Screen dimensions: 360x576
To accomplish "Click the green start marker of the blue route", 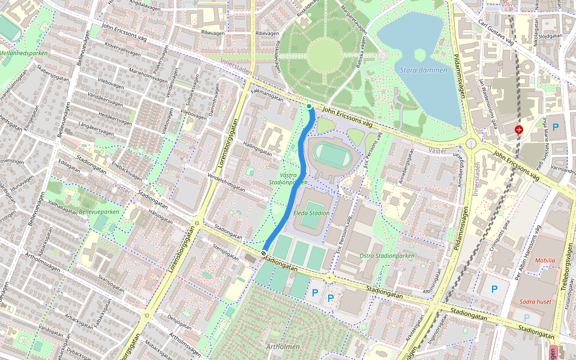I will pos(309,107).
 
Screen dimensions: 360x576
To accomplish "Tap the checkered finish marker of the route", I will pos(264,254).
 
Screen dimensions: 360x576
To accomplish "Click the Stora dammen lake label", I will pos(424,70).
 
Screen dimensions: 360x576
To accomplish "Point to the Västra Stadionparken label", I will pos(288,178).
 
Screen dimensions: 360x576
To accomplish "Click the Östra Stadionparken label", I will pos(386,256).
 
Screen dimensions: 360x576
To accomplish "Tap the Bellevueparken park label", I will pos(99,212).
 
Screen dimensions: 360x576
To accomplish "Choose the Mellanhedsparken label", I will pos(23,53).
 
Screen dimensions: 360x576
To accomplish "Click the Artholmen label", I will pos(283,347).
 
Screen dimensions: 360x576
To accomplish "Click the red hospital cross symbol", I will pos(519,129).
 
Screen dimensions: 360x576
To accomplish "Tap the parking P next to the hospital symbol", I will pos(556,127).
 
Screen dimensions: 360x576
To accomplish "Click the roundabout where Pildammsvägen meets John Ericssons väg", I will pos(471,143).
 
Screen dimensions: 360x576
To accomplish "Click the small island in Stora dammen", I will pos(420,55).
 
